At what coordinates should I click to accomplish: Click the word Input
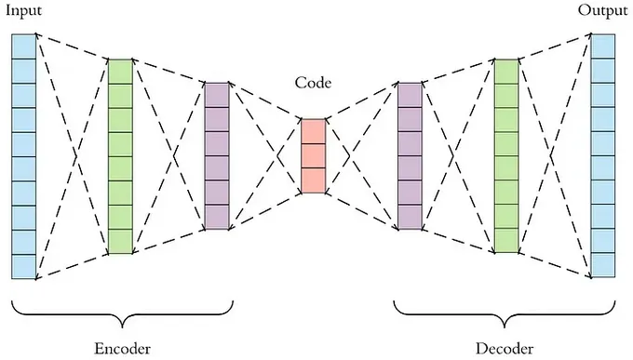coord(22,11)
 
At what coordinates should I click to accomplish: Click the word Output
coord(602,11)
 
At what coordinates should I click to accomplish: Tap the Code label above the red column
coord(313,83)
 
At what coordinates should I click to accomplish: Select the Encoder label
coord(123,349)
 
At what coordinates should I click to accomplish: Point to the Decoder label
coord(505,349)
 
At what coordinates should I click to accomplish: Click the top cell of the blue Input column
coord(23,45)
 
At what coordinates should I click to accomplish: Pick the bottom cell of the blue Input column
coord(23,266)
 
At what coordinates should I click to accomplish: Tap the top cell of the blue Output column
coord(603,45)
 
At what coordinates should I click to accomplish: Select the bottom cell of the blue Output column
coord(603,266)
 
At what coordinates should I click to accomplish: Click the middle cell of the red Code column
coord(313,155)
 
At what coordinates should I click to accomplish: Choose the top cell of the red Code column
coord(313,131)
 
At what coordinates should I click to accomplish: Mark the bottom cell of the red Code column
coord(313,180)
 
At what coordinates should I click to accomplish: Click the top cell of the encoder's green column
coord(120,71)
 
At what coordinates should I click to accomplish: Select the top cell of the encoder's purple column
coord(216,95)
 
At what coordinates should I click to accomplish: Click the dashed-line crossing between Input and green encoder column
coord(74,155)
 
